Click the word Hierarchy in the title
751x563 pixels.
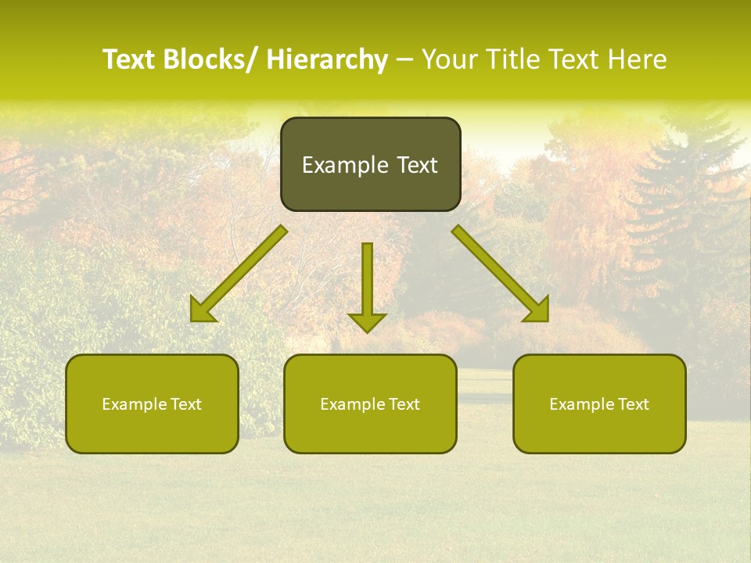327,60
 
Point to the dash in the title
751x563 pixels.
404,61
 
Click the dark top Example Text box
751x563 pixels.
370,164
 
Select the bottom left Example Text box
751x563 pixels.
152,403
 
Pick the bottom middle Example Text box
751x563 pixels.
370,403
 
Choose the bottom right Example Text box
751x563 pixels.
599,403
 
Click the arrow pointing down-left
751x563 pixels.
239,274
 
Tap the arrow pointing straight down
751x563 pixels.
367,285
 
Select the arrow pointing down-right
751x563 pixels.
501,274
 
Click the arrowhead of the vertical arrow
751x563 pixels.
367,322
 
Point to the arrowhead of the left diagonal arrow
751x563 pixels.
202,311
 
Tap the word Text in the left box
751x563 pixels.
186,404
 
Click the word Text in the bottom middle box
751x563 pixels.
404,404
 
